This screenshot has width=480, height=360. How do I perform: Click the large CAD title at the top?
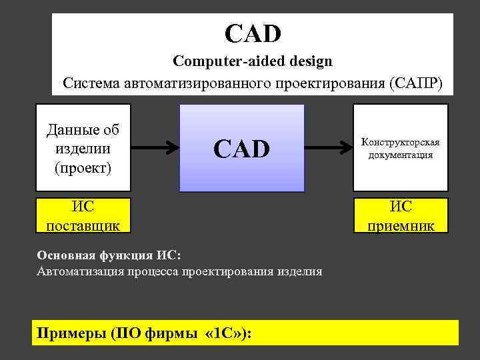click(x=253, y=32)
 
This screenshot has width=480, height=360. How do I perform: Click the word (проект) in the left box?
click(x=83, y=167)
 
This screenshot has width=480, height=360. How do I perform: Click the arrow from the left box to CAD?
click(x=153, y=148)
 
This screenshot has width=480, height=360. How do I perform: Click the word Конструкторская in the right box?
click(x=400, y=142)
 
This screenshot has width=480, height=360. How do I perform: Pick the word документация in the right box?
click(x=400, y=155)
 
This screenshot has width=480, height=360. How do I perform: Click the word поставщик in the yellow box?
click(x=83, y=225)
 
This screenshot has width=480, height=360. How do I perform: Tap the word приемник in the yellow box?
click(x=401, y=225)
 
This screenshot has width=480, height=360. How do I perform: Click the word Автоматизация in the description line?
click(x=77, y=271)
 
